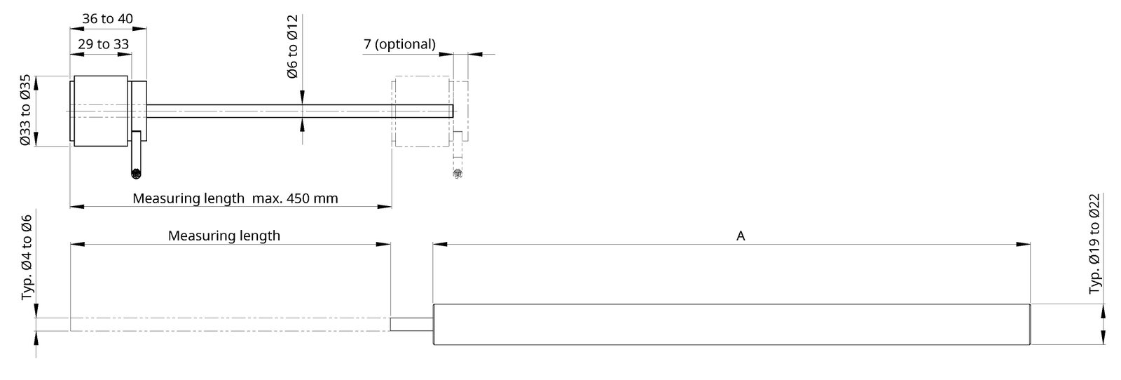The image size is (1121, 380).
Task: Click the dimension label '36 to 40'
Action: point(108,18)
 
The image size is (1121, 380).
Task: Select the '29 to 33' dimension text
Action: point(104,44)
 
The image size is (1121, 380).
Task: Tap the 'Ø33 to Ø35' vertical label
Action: point(25,110)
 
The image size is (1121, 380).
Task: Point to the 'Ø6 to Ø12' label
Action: point(292,46)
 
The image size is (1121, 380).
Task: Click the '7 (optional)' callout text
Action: point(399,44)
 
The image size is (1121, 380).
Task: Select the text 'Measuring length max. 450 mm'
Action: point(235,198)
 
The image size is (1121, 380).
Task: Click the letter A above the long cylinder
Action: point(741,236)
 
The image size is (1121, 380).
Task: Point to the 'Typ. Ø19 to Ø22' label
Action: point(1095,244)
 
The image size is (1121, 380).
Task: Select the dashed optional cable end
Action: point(458,174)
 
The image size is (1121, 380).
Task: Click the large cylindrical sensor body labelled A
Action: point(731,325)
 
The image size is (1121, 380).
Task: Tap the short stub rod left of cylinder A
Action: point(411,325)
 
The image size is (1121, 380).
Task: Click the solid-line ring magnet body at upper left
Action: point(101,111)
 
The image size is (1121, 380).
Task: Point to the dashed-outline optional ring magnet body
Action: point(421,111)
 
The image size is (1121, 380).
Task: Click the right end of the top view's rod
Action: point(453,111)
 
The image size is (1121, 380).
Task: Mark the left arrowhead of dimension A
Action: point(440,244)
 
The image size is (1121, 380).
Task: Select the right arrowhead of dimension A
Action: point(1024,244)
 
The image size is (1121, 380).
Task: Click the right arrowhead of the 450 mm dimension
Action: point(385,206)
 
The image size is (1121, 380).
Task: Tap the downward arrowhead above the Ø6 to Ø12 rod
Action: point(302,97)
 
